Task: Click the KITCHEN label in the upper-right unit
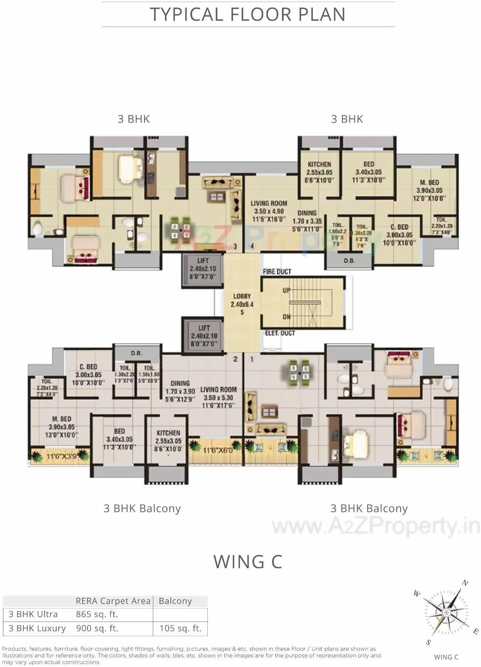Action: tap(319, 164)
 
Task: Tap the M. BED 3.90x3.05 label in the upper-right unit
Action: tap(429, 190)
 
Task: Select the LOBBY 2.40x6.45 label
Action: tap(242, 304)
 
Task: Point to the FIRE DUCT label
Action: tap(277, 272)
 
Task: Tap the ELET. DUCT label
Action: tap(280, 333)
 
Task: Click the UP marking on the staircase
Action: tap(286, 290)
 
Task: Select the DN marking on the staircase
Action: tap(286, 317)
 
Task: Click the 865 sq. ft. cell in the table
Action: tap(97, 614)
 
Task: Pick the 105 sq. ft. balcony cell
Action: tap(180, 628)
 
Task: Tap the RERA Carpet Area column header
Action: tap(113, 601)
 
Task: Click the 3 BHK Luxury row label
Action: tap(37, 628)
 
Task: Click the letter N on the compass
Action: tap(466, 583)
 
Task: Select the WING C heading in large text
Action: tap(248, 562)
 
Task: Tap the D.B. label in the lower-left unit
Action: tap(136, 353)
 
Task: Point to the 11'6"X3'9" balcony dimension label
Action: tap(61, 456)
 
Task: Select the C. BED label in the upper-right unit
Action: tap(399, 227)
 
